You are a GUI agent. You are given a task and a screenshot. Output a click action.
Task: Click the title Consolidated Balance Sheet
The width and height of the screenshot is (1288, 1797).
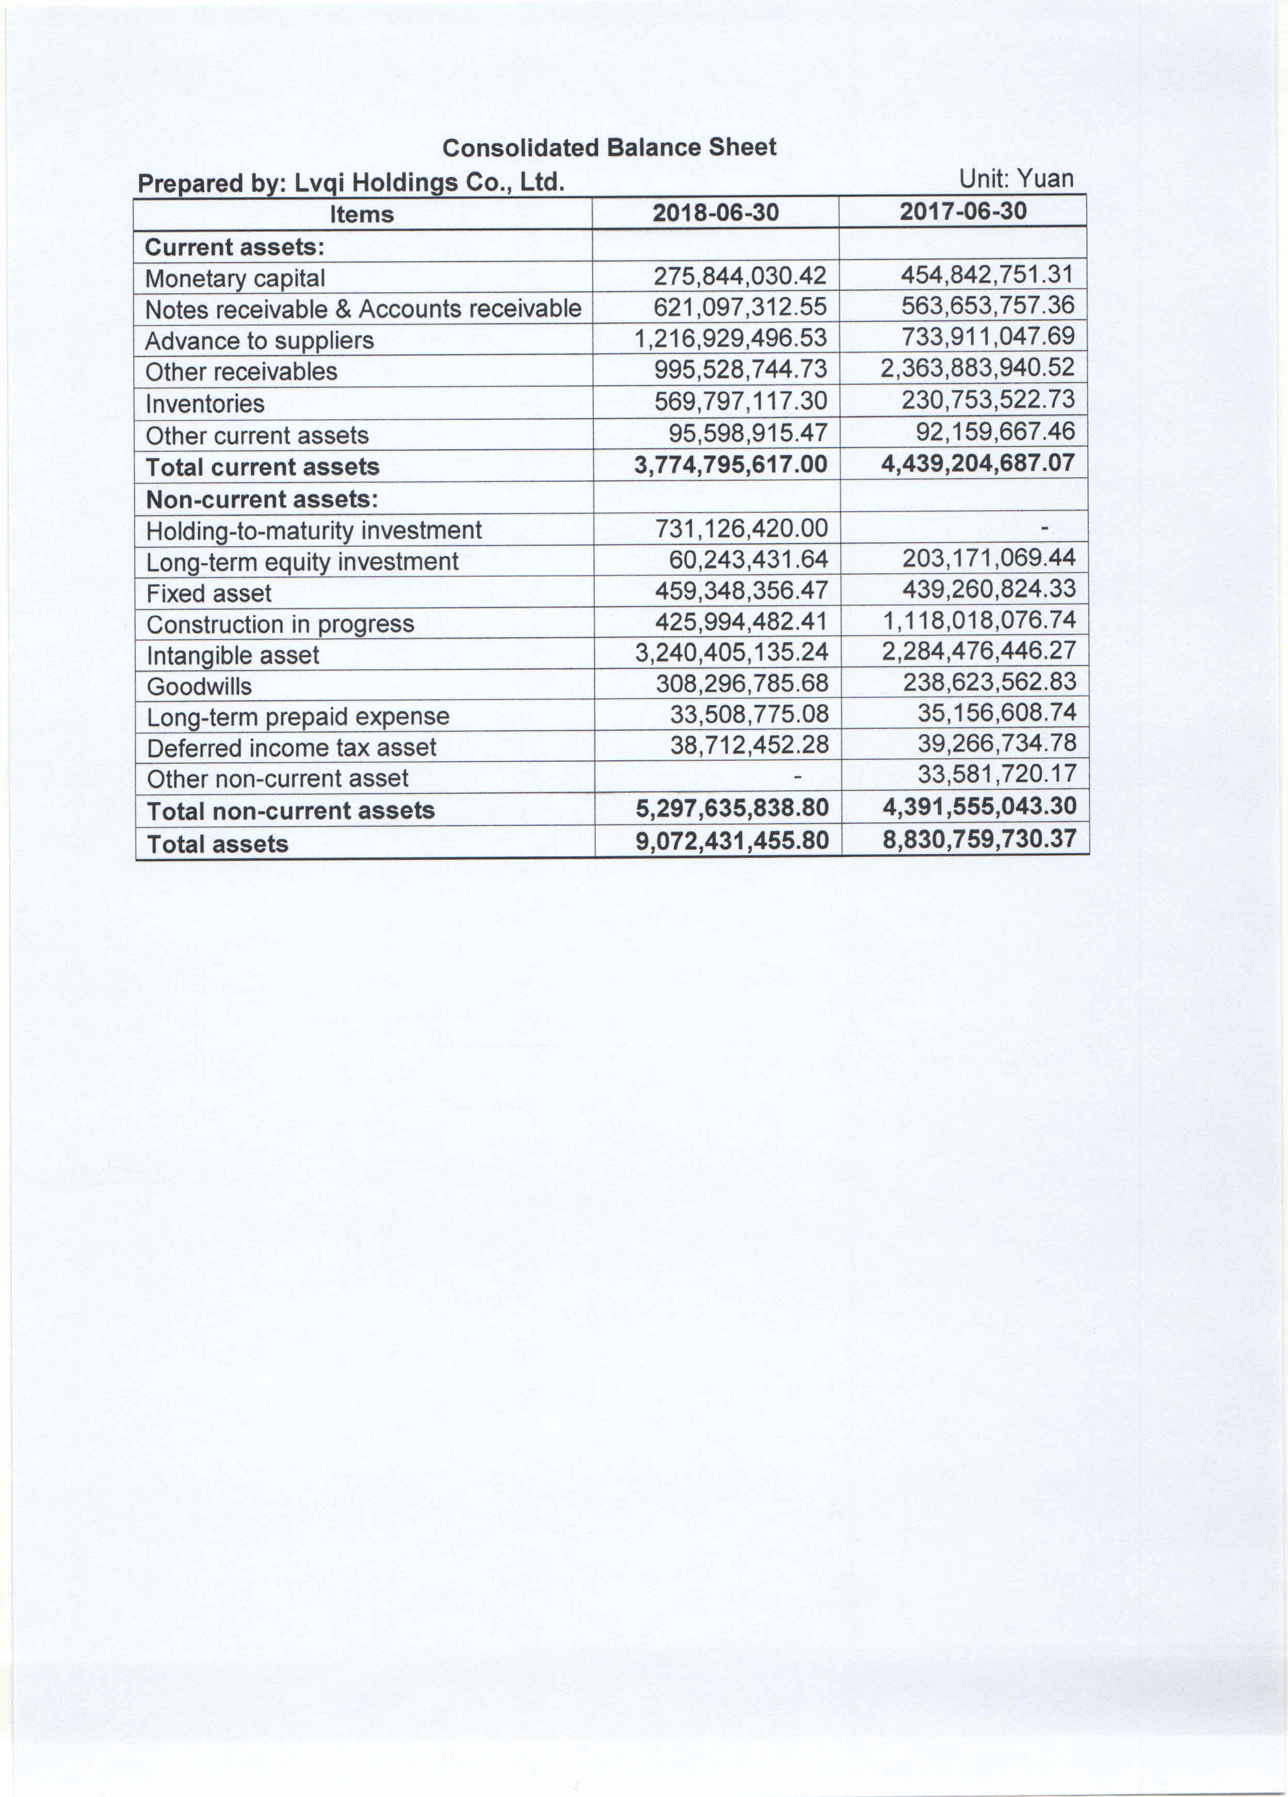(x=609, y=148)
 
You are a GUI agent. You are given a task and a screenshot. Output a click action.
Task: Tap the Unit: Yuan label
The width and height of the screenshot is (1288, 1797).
(x=1016, y=179)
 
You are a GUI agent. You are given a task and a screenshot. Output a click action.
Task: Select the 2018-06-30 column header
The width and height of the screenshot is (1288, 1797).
(x=715, y=213)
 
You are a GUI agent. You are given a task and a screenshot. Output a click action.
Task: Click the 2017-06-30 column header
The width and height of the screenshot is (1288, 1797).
(x=962, y=211)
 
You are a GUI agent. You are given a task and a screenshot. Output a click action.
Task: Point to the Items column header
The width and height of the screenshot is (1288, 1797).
(x=361, y=214)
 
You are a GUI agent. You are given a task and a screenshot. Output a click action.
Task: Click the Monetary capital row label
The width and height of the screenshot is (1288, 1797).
(x=235, y=278)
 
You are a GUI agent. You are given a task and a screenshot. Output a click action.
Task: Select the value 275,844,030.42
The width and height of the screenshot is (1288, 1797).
(x=739, y=276)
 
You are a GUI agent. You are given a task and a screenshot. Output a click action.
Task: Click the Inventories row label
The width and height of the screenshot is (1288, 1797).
(x=204, y=403)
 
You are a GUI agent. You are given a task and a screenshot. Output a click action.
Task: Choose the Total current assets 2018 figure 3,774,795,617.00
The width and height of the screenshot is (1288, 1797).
(x=730, y=464)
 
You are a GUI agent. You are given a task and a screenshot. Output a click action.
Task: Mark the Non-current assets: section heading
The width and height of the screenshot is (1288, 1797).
(x=262, y=499)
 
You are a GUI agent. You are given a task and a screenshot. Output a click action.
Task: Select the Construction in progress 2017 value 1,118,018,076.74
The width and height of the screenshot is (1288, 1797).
(x=979, y=619)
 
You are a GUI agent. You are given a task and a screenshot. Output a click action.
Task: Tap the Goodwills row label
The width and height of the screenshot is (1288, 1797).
(x=199, y=686)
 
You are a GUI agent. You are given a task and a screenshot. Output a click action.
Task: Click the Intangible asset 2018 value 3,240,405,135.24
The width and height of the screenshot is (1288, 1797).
(x=732, y=652)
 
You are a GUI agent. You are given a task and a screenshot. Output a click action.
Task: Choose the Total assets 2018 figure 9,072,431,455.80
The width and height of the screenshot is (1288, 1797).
(x=732, y=840)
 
